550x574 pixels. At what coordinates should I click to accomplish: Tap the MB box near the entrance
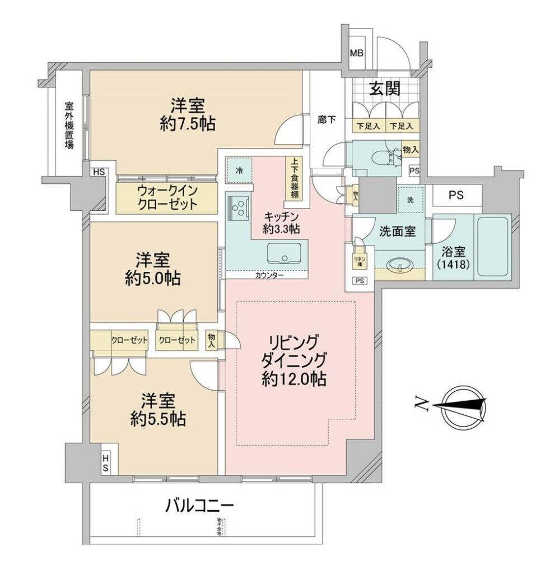[356, 54]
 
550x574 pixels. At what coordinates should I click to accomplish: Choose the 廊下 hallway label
[326, 120]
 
